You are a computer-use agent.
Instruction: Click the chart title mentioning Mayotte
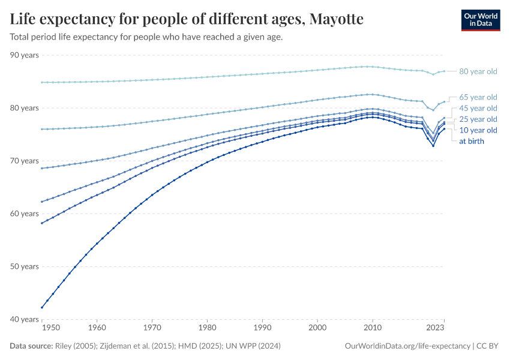pyautogui.click(x=187, y=19)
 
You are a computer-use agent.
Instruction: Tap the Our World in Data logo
pyautogui.click(x=480, y=20)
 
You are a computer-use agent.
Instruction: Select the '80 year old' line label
pyautogui.click(x=478, y=71)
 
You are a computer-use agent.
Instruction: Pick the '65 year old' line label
pyautogui.click(x=478, y=97)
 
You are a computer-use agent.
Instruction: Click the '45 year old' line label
pyautogui.click(x=478, y=108)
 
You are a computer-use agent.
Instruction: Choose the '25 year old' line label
pyautogui.click(x=478, y=119)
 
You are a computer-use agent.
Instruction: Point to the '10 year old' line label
pyautogui.click(x=478, y=130)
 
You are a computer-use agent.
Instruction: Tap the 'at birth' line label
pyautogui.click(x=471, y=141)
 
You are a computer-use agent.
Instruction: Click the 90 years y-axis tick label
pyautogui.click(x=25, y=55)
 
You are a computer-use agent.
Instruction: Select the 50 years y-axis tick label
pyautogui.click(x=25, y=266)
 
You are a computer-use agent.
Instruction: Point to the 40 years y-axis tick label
pyautogui.click(x=25, y=319)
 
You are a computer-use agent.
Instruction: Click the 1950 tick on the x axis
pyautogui.click(x=51, y=328)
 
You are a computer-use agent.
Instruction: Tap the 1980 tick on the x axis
pyautogui.click(x=207, y=328)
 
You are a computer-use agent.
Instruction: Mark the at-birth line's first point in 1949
pyautogui.click(x=41, y=307)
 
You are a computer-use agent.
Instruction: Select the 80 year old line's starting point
pyautogui.click(x=41, y=82)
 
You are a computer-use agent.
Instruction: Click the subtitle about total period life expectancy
pyautogui.click(x=146, y=37)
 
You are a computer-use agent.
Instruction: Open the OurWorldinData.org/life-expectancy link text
pyautogui.click(x=408, y=346)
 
